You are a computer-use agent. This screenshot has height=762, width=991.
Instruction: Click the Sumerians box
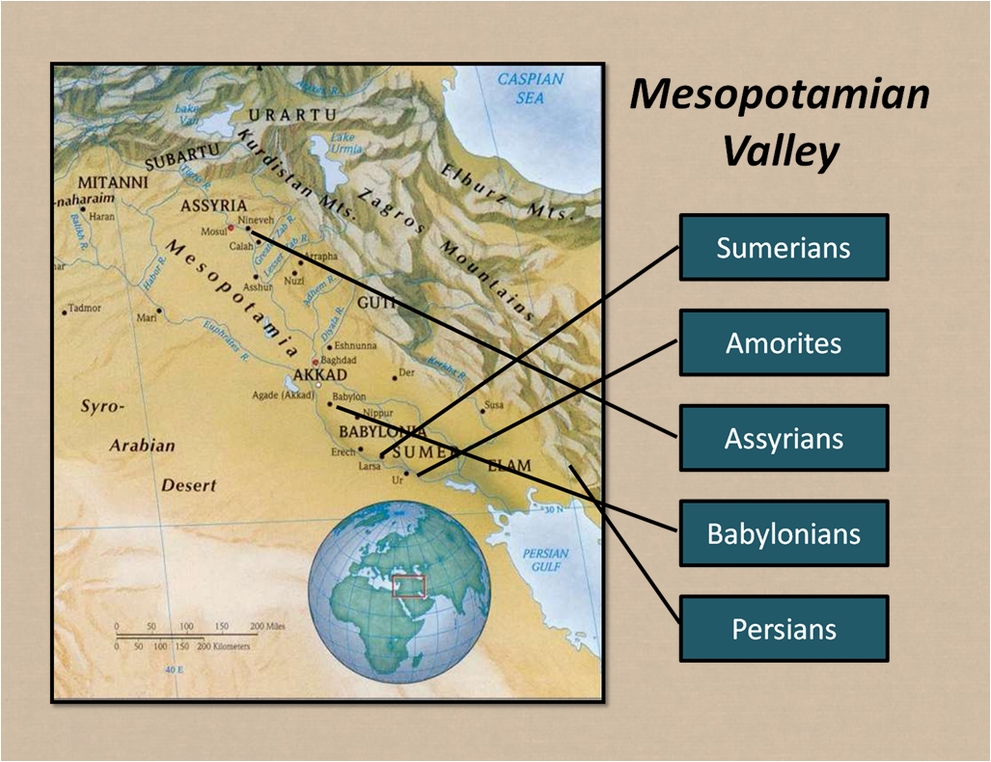(784, 248)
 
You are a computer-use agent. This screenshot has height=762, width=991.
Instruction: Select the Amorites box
(784, 343)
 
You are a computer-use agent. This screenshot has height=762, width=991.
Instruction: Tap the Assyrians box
(784, 439)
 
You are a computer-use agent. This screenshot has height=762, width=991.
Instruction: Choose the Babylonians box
(784, 533)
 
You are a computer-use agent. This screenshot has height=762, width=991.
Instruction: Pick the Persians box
(784, 629)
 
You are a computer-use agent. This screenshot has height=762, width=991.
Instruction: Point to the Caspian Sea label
(530, 88)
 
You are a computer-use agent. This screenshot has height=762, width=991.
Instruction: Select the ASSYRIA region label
(213, 206)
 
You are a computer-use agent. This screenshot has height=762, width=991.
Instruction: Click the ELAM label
(509, 466)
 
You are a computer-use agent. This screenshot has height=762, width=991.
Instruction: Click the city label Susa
(493, 405)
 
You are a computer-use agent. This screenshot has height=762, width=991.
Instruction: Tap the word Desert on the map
(188, 485)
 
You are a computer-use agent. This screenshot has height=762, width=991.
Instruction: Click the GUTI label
(376, 303)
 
